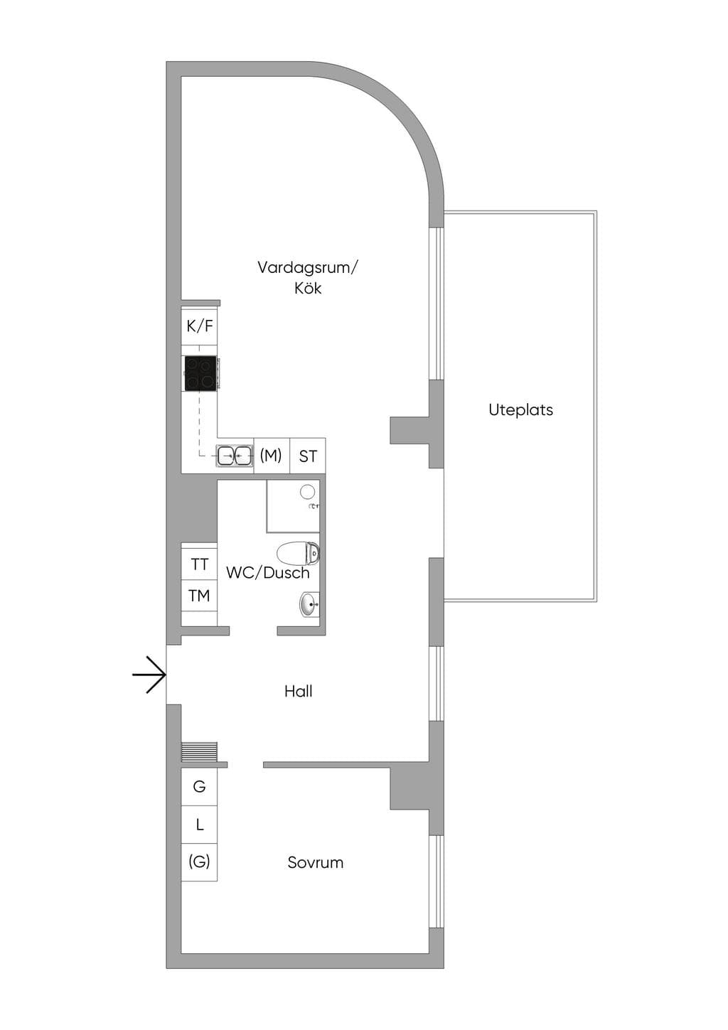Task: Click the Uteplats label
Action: point(520,409)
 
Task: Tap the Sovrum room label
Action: point(316,862)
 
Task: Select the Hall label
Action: point(298,691)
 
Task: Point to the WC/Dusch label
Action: point(267,572)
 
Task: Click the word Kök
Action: point(308,289)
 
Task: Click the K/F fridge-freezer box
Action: point(200,326)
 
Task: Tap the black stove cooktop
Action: point(200,373)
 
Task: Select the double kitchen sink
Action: point(235,456)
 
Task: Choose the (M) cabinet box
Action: point(272,456)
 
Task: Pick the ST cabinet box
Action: point(308,456)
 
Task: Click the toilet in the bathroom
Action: point(299,554)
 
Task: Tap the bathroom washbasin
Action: point(309,603)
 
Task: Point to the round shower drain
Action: point(307,492)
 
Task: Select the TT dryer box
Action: point(199,564)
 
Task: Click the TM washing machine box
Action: point(199,596)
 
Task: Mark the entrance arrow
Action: point(149,675)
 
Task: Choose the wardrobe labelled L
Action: point(199,825)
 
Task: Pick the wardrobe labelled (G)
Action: point(199,862)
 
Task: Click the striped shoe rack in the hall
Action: point(199,752)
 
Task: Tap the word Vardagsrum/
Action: point(307,267)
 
